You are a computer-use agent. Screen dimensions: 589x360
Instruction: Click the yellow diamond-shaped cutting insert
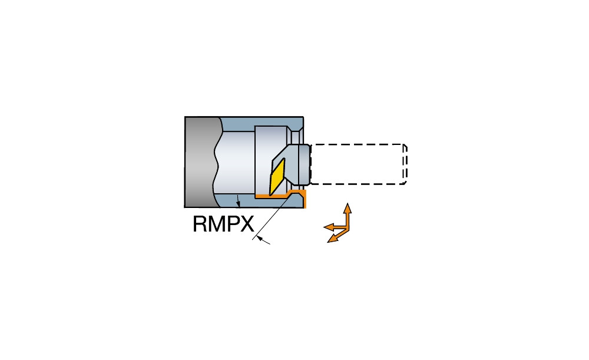pyautogui.click(x=277, y=177)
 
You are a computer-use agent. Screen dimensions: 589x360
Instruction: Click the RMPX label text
pyautogui.click(x=223, y=224)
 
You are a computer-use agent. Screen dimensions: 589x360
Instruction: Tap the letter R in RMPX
pyautogui.click(x=200, y=224)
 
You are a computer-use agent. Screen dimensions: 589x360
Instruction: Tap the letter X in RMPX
pyautogui.click(x=247, y=224)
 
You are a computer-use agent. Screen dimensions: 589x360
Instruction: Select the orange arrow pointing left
pyautogui.click(x=336, y=227)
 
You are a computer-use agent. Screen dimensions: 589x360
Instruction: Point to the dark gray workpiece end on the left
pyautogui.click(x=201, y=162)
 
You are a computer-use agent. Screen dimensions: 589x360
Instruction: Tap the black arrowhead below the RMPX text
pyautogui.click(x=260, y=238)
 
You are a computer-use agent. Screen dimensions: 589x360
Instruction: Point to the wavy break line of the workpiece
pyautogui.click(x=217, y=162)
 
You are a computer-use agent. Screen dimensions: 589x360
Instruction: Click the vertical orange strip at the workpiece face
pyautogui.click(x=305, y=199)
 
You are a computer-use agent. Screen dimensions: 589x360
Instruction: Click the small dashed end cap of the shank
pyautogui.click(x=405, y=164)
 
